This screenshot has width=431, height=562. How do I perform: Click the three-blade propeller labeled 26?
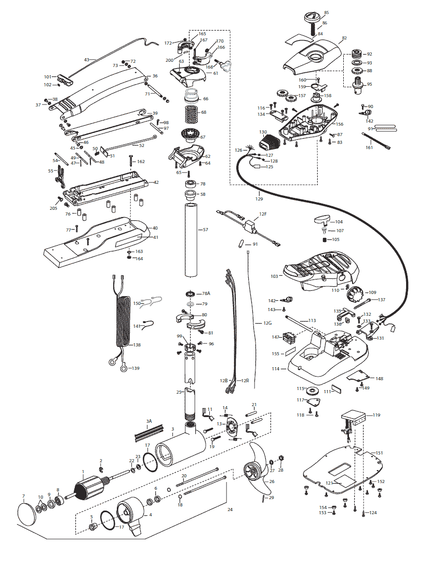click(255, 471)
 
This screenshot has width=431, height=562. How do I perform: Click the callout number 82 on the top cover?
click(344, 39)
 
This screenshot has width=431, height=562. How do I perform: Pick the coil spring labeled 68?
click(192, 112)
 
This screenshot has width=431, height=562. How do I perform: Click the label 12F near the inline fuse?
click(263, 214)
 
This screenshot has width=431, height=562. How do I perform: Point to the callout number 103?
click(274, 276)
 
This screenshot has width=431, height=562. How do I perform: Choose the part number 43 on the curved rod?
click(87, 60)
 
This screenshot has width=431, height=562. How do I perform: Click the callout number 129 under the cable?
click(259, 199)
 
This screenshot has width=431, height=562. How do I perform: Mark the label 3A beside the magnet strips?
click(149, 421)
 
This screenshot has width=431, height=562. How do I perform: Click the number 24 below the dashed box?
click(231, 510)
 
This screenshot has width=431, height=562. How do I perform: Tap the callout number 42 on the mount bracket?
click(156, 182)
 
